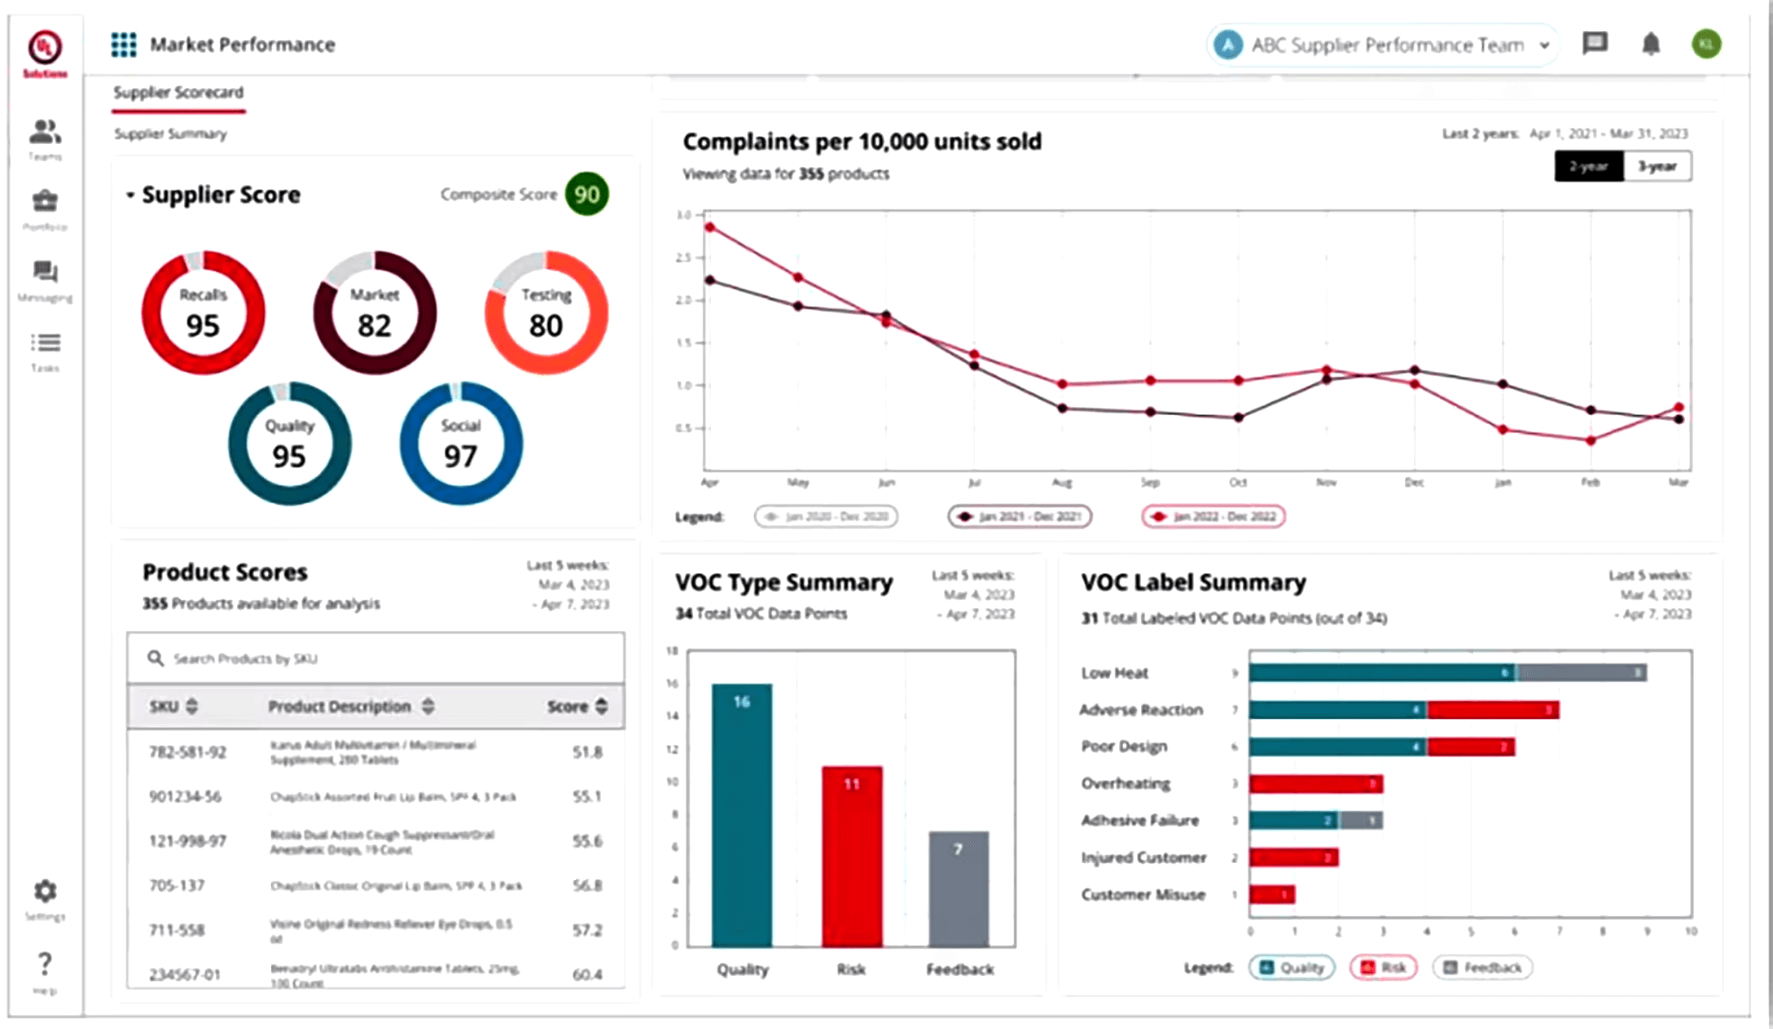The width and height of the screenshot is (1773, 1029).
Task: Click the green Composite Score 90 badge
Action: [x=586, y=194]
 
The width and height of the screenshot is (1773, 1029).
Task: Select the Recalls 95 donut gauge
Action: [x=203, y=313]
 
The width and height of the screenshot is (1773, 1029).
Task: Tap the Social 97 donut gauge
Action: [x=461, y=444]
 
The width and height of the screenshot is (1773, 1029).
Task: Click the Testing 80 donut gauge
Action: [x=546, y=313]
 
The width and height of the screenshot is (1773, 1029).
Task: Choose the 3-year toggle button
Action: [x=1657, y=166]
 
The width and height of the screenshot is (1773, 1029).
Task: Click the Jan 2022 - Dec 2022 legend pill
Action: [x=1213, y=516]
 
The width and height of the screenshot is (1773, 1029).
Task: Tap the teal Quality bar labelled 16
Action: [x=741, y=814]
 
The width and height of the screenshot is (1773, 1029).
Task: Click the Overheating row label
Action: [x=1126, y=783]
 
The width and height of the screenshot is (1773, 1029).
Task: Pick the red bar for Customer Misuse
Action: [x=1272, y=895]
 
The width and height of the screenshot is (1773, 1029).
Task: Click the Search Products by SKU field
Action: [x=375, y=658]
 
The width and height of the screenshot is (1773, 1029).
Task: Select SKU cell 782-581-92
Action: [x=187, y=751]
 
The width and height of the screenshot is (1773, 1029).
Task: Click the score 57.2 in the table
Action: [x=586, y=930]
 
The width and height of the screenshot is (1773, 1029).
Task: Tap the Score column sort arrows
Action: [x=602, y=706]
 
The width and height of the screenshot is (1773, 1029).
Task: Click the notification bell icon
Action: [x=1650, y=44]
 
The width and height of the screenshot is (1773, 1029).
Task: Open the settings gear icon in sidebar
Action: [x=45, y=891]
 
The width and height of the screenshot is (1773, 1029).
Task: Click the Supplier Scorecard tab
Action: [x=178, y=93]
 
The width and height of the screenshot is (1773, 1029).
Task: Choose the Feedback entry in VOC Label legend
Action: [x=1482, y=967]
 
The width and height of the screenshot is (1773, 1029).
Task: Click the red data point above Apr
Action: [x=710, y=228]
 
